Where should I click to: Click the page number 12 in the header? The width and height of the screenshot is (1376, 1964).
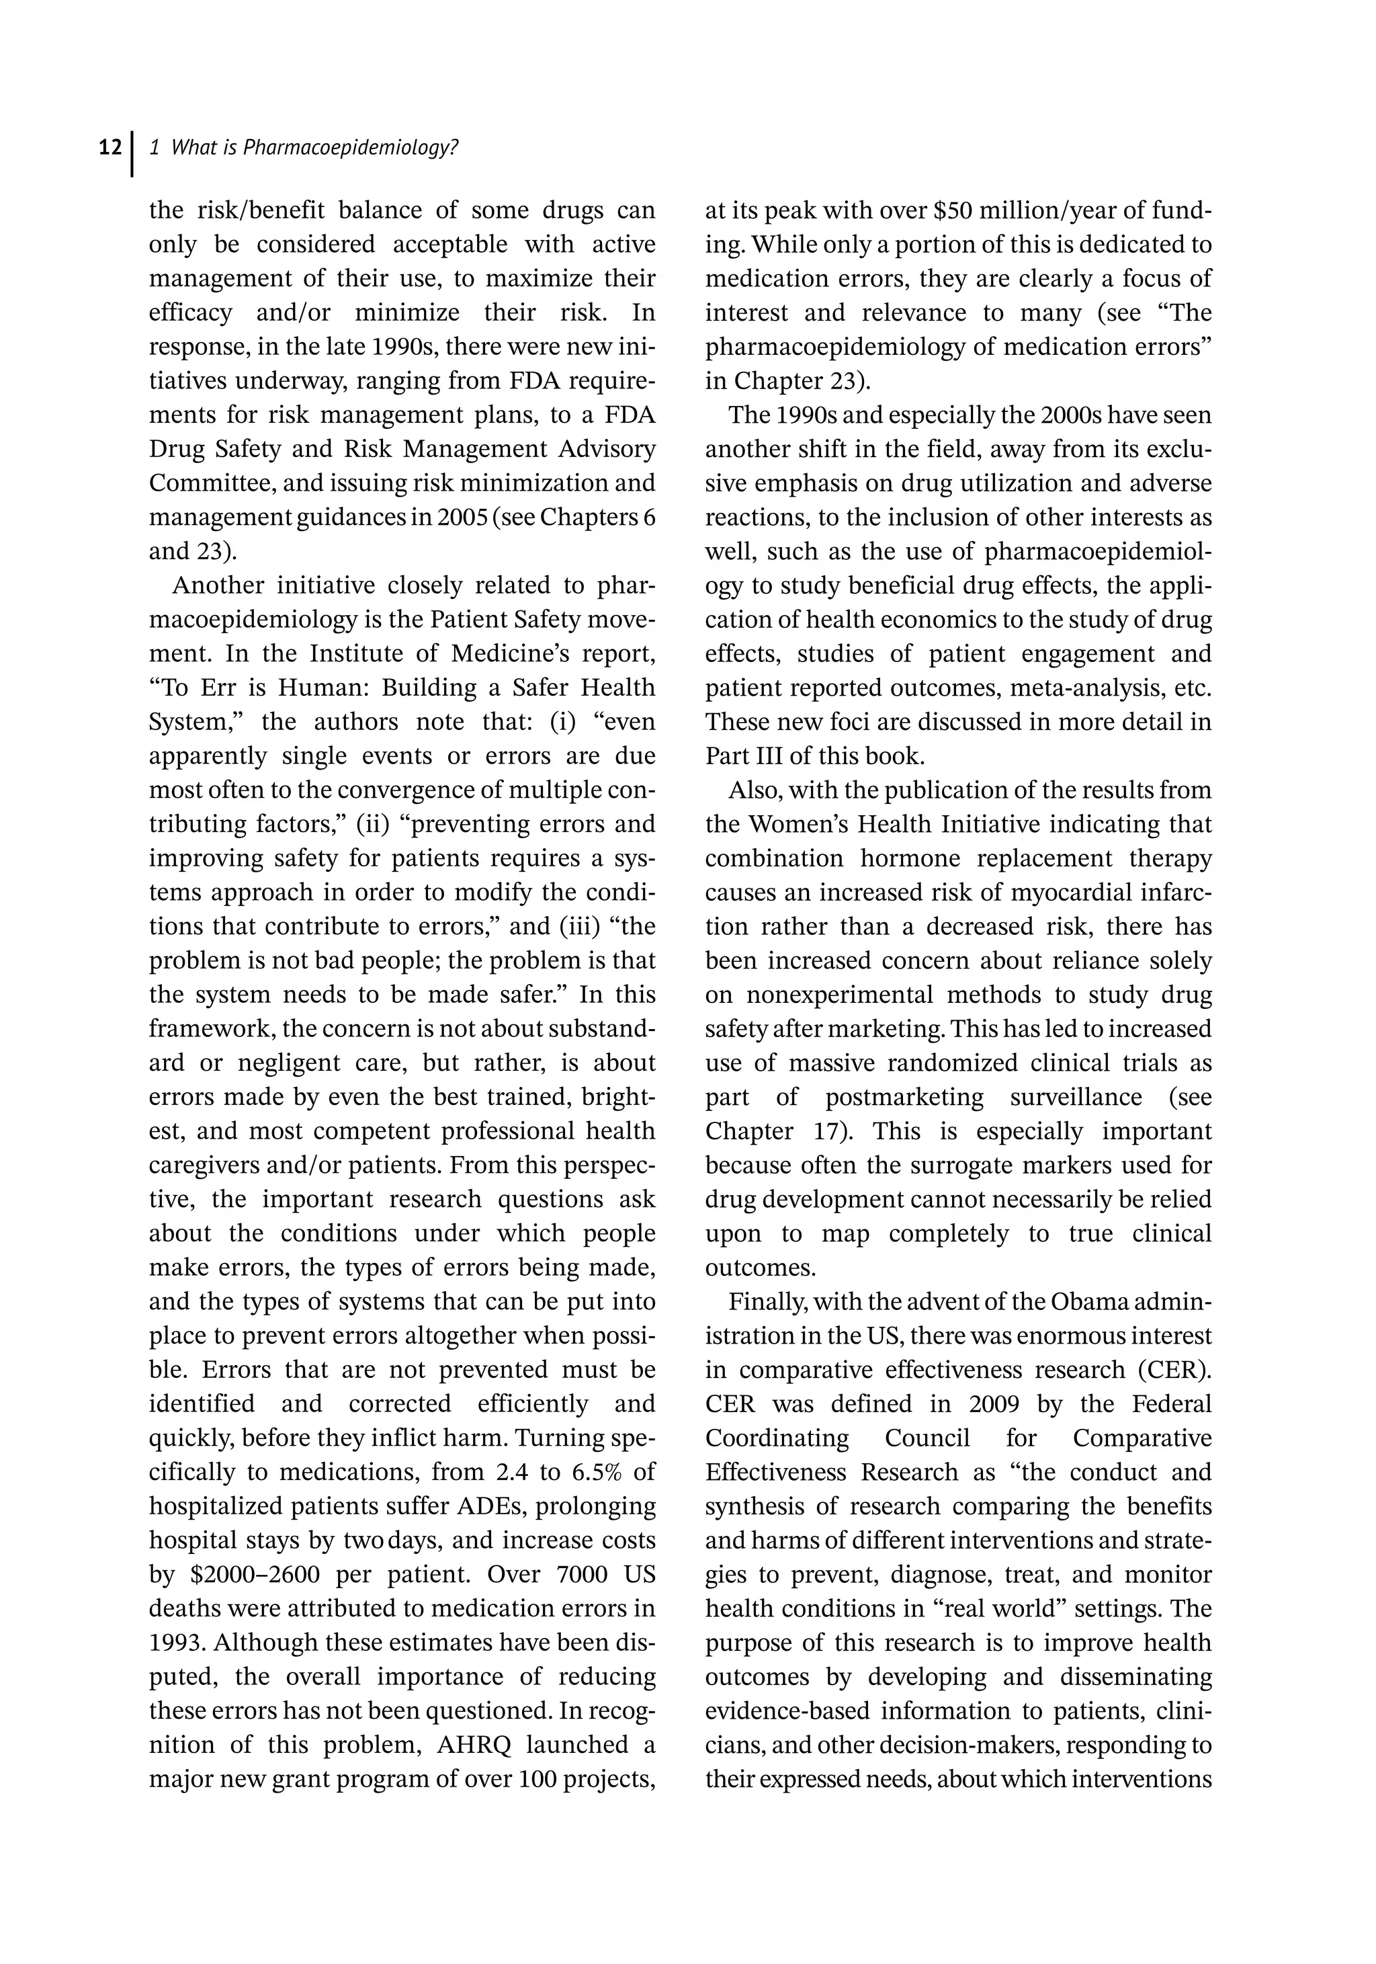click(x=110, y=148)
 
